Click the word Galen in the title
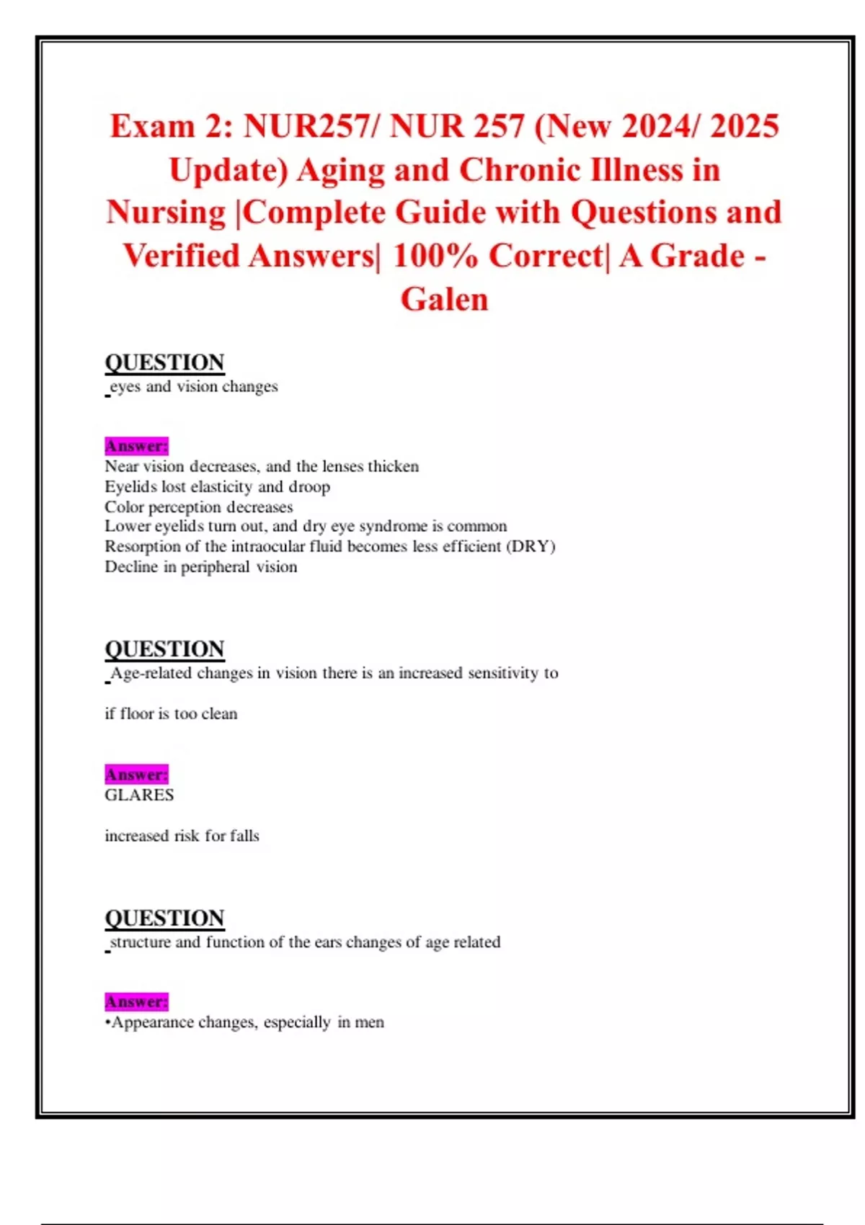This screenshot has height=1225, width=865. coord(444,299)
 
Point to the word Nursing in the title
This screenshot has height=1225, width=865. coord(166,213)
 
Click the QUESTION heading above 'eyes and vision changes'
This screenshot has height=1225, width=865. coord(164,362)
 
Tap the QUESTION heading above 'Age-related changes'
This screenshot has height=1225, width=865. coord(164,649)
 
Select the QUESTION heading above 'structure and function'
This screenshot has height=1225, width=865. coord(164,918)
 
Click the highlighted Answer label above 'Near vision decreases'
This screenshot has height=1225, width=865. coord(136,446)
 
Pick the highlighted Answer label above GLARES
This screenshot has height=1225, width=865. coord(136,775)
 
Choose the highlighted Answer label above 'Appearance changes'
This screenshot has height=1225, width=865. coord(136,1002)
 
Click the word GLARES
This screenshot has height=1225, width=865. coord(139,795)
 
